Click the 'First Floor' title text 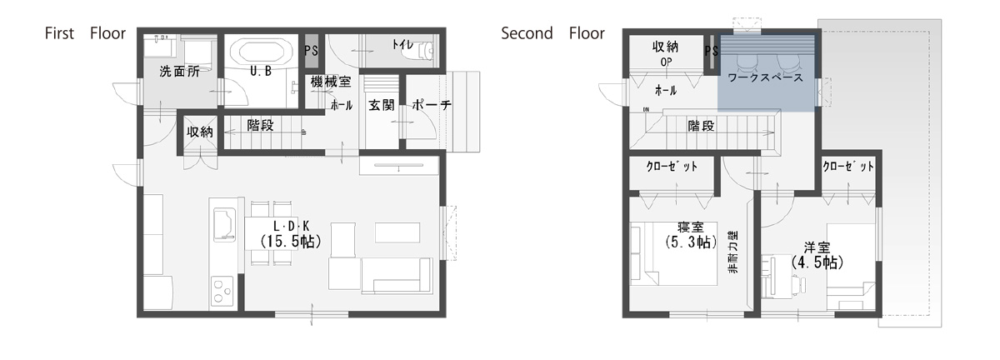pos(85,33)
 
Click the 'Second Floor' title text pos(552,33)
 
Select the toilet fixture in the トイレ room pos(420,52)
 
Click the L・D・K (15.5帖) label pos(291,234)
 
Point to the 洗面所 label pos(179,72)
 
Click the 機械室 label pos(331,82)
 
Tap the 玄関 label pos(382,105)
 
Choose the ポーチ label pos(432,105)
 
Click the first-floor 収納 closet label pos(200,132)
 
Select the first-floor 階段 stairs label pos(260,126)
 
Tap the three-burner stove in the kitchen pos(222,291)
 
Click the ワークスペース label pos(765,77)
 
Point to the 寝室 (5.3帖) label pos(691,235)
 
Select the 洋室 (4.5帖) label pos(817,256)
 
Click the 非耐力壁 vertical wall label pos(732,252)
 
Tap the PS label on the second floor pos(712,51)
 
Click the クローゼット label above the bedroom pos(672,167)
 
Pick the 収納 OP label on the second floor pos(666,53)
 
